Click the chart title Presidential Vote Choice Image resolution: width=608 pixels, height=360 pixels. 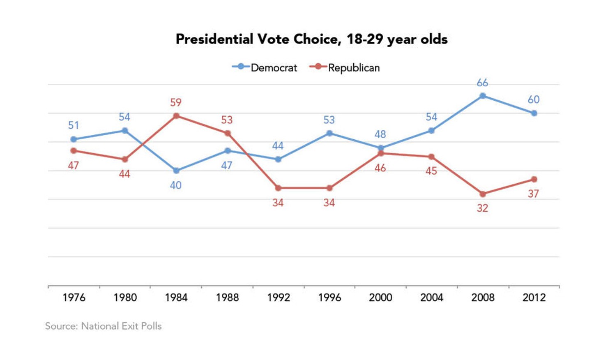pyautogui.click(x=311, y=39)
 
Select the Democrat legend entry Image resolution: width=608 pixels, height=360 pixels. pyautogui.click(x=265, y=67)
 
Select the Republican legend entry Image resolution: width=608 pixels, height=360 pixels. pyautogui.click(x=345, y=67)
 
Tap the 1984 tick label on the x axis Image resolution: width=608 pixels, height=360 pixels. pyautogui.click(x=176, y=297)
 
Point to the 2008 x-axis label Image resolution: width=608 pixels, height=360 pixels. pyautogui.click(x=482, y=297)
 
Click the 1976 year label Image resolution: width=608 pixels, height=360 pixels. pyautogui.click(x=74, y=297)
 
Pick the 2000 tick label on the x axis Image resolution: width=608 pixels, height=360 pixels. pyautogui.click(x=380, y=297)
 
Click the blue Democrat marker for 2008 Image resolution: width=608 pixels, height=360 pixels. pyautogui.click(x=483, y=96)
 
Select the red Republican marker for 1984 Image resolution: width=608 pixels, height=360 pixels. pyautogui.click(x=176, y=116)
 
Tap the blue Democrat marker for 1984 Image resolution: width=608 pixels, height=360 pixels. pyautogui.click(x=176, y=171)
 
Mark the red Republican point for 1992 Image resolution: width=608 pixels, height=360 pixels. pyautogui.click(x=278, y=188)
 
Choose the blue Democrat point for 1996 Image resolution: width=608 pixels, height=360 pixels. pyautogui.click(x=329, y=133)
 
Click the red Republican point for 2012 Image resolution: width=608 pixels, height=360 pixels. pyautogui.click(x=534, y=179)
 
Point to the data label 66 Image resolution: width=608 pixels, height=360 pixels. pyautogui.click(x=482, y=83)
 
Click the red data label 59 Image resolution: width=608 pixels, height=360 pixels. pyautogui.click(x=176, y=102)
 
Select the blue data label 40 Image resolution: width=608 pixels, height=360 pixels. pyautogui.click(x=176, y=185)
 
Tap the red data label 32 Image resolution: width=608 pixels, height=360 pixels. pyautogui.click(x=482, y=208)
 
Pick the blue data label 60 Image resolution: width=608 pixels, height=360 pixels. pyautogui.click(x=534, y=99)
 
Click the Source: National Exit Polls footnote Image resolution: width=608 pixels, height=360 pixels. pyautogui.click(x=103, y=326)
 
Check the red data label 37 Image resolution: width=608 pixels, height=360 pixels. pyautogui.click(x=533, y=194)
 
